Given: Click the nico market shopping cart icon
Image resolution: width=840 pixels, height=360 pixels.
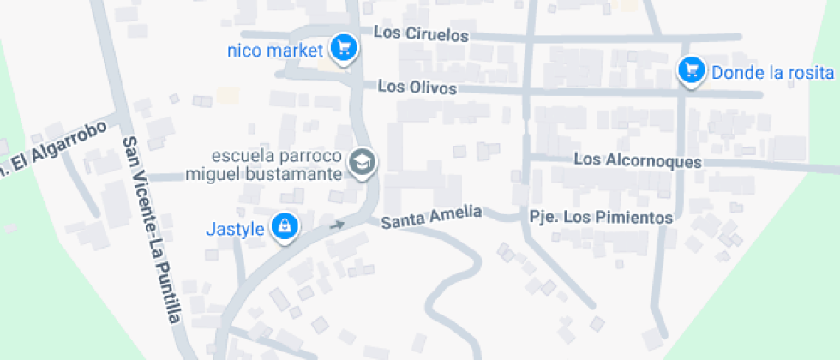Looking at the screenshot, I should coord(344,47).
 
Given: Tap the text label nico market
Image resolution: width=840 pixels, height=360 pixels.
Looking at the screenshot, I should coord(274,49).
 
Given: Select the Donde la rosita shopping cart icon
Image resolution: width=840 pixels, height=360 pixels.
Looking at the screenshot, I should coord(691,69).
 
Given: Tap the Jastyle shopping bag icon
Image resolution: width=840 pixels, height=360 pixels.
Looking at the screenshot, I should coord(284,226).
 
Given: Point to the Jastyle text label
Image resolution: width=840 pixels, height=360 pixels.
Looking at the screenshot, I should coord(234,229).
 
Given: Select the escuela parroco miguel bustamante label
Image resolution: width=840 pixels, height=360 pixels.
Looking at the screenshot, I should coord(267,166).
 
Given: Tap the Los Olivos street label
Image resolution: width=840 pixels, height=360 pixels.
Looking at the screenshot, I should coord(417,87).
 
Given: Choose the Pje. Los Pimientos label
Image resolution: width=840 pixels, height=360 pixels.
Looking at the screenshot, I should coord(601,218).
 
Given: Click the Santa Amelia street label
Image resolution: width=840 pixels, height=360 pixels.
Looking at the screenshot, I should coord(432,218).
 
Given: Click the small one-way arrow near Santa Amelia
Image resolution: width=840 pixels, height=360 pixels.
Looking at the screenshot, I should coord(337,226).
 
